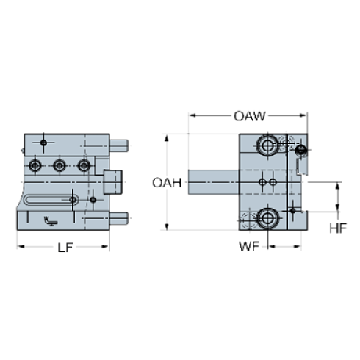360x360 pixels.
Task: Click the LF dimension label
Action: tap(63, 248)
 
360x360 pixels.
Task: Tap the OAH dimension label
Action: tap(166, 183)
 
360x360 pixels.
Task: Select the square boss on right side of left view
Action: tap(112, 180)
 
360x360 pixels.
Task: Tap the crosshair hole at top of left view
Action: tap(44, 142)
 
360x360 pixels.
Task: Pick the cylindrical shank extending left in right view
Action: tap(212, 182)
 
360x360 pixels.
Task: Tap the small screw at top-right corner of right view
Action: tap(300, 151)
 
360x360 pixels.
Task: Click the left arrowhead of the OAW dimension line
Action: tap(191, 116)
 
